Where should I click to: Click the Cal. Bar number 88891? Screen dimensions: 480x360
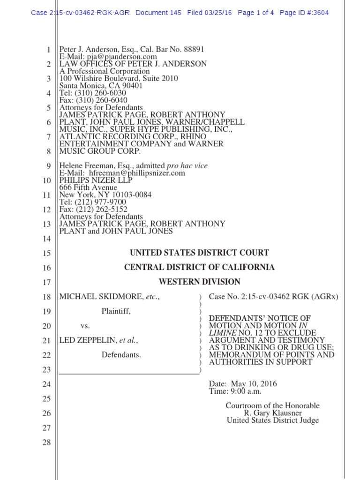192,50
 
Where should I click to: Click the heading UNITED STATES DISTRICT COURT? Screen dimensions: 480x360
199,253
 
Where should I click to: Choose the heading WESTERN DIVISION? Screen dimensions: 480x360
199,282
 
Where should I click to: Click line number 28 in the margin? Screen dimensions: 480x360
46,442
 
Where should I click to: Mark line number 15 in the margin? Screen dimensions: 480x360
46,254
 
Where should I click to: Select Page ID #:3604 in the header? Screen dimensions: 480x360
304,13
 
